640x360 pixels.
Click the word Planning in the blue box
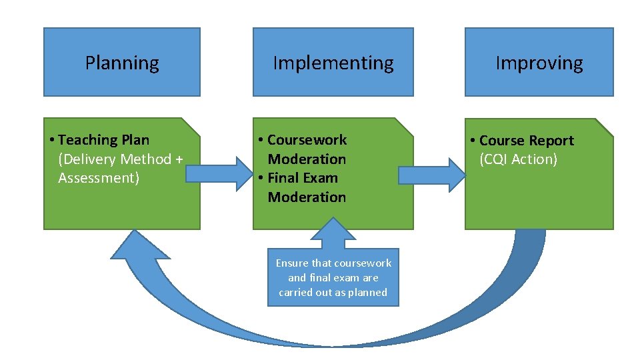coord(122,63)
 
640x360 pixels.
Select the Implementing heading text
coord(333,63)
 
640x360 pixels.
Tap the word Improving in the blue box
coord(539,63)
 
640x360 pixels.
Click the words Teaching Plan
coord(104,140)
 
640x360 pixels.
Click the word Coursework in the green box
coord(307,140)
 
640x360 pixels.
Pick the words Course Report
coord(527,141)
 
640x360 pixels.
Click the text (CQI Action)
coord(518,159)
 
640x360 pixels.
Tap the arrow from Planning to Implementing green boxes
coord(217,174)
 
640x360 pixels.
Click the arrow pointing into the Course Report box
coord(431,175)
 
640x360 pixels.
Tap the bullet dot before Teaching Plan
coord(52,140)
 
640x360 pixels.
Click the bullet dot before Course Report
coord(473,141)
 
